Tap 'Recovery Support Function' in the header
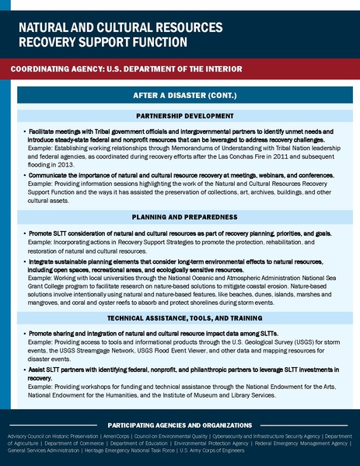coord(103,40)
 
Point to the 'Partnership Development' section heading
coord(180,116)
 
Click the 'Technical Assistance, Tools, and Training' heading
coord(180,318)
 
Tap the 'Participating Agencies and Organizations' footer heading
coord(180,426)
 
